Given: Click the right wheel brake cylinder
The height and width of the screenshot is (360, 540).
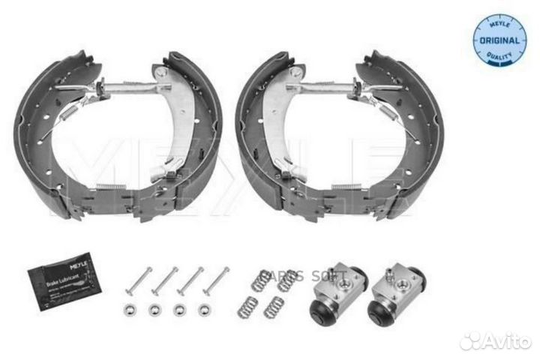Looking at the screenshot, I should point(394,294).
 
